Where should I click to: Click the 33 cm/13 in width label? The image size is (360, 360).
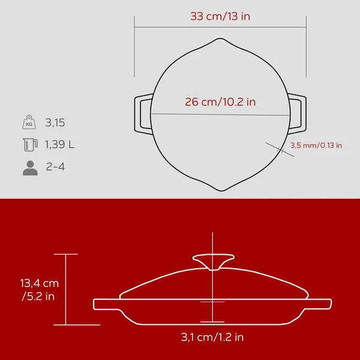pyautogui.click(x=220, y=16)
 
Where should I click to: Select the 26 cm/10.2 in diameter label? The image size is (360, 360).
pyautogui.click(x=220, y=102)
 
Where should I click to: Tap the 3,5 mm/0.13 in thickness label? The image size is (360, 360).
pyautogui.click(x=316, y=145)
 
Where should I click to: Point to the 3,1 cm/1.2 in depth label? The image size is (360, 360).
pyautogui.click(x=212, y=337)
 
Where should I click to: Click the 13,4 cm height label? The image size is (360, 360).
pyautogui.click(x=40, y=283)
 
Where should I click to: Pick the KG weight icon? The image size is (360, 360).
pyautogui.click(x=29, y=122)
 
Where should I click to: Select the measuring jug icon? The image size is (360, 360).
pyautogui.click(x=30, y=144)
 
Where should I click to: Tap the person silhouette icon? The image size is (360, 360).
pyautogui.click(x=30, y=168)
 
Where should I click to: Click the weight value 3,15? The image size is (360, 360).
pyautogui.click(x=55, y=123)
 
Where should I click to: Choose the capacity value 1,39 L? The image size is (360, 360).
pyautogui.click(x=60, y=145)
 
